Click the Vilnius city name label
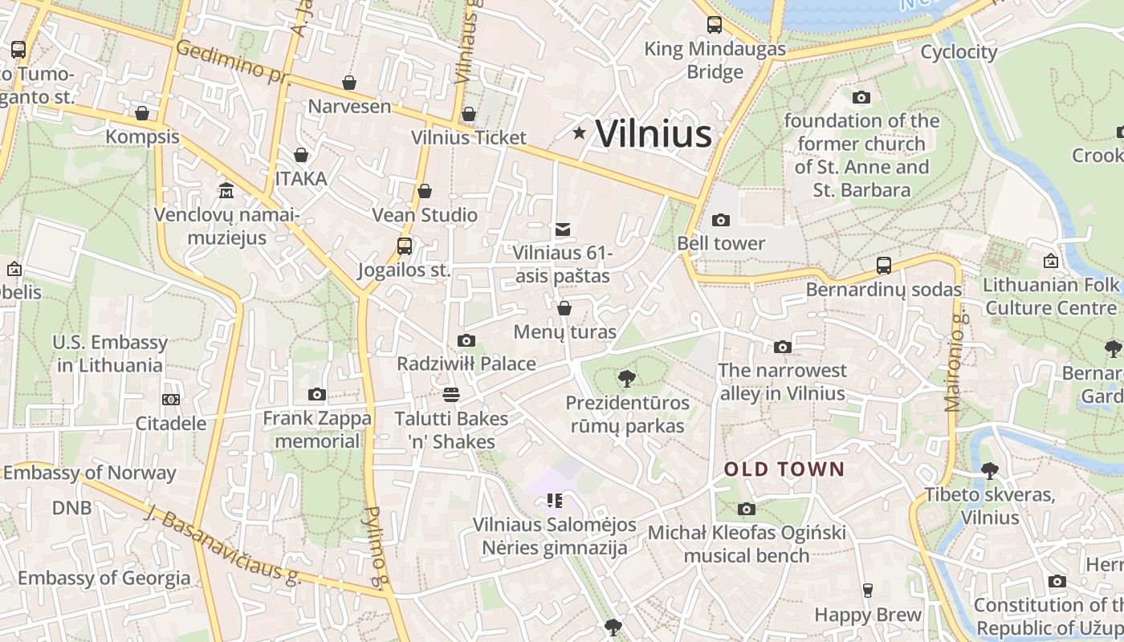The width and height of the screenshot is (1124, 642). coord(654,133)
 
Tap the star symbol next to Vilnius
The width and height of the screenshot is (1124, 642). coord(579,132)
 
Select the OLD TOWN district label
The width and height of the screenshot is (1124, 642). coord(784,469)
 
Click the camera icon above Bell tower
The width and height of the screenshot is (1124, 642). coord(721,220)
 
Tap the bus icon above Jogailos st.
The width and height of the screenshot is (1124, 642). coord(405,246)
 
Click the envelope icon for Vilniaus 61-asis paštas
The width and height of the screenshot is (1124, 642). coord(563,230)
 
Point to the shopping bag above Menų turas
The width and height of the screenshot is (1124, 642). coord(564,308)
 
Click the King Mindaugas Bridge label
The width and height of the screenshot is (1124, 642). coord(715,60)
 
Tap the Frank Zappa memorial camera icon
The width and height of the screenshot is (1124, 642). coord(317,394)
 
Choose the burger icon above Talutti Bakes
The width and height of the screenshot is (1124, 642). coord(451,394)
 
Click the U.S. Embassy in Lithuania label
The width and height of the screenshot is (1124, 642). coord(111,354)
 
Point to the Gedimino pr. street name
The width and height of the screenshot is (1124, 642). coord(232,61)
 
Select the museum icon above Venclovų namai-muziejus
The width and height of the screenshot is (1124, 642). coord(226,191)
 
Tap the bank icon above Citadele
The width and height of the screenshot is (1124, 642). coord(170,399)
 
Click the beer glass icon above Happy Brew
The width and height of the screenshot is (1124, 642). coord(868,591)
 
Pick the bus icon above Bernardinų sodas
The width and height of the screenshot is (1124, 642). coord(884,266)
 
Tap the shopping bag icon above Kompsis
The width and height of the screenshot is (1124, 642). coord(142,113)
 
